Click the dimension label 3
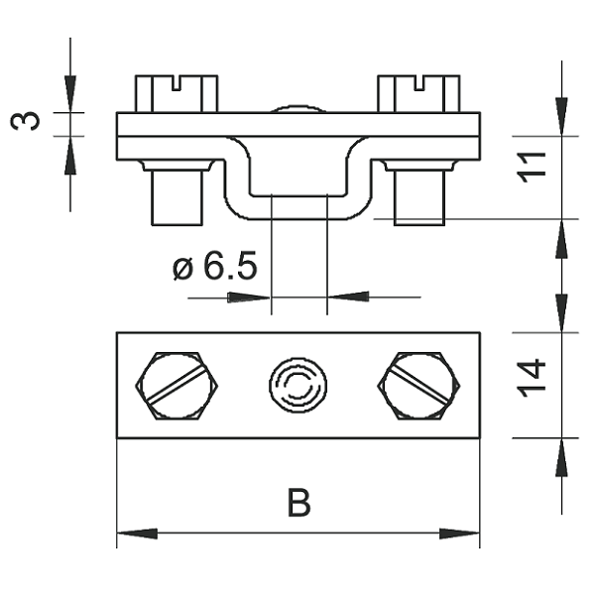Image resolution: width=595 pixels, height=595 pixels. tap(25, 121)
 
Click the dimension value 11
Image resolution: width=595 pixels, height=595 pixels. tap(532, 168)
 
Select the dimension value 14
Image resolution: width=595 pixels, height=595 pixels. tap(532, 378)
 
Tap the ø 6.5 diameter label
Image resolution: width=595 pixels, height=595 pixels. tap(215, 265)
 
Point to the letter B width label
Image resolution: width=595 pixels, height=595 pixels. tap(299, 503)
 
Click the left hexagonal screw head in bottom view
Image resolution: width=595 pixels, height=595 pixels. tap(177, 386)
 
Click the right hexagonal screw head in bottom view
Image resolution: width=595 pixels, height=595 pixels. tap(418, 386)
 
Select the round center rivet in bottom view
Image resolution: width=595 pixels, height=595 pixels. tap(297, 386)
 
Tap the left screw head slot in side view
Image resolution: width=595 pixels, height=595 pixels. tap(177, 83)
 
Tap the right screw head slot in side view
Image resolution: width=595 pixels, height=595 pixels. tap(418, 83)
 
